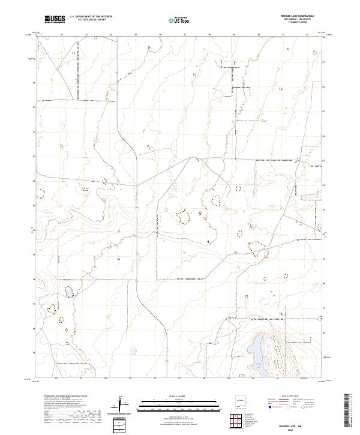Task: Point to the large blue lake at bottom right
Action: pos(258,354)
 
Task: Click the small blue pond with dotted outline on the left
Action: pos(70,292)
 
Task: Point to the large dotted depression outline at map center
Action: pos(182,215)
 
